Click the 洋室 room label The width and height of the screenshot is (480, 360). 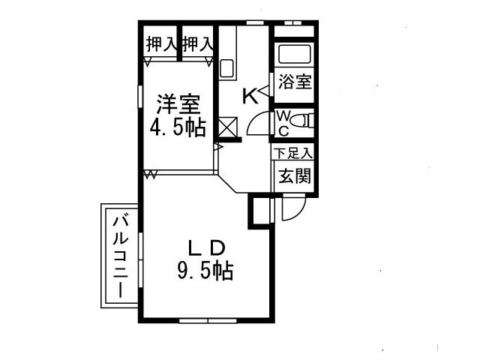(178, 104)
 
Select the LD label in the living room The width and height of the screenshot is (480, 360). (207, 248)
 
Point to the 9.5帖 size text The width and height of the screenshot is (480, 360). (205, 271)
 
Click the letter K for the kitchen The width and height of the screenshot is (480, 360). (250, 96)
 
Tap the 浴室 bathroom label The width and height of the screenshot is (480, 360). (295, 82)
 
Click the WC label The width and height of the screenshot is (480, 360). (283, 123)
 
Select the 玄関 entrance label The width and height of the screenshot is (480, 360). (295, 176)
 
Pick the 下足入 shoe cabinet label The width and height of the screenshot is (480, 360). (293, 153)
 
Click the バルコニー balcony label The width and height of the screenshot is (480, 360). (121, 256)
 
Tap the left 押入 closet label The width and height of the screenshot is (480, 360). (161, 45)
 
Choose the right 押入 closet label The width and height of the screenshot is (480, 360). (197, 45)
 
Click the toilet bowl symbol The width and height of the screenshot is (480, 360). (301, 121)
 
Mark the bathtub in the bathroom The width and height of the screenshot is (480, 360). (294, 55)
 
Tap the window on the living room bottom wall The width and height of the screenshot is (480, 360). (208, 321)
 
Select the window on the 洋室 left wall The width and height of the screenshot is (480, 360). (140, 96)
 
